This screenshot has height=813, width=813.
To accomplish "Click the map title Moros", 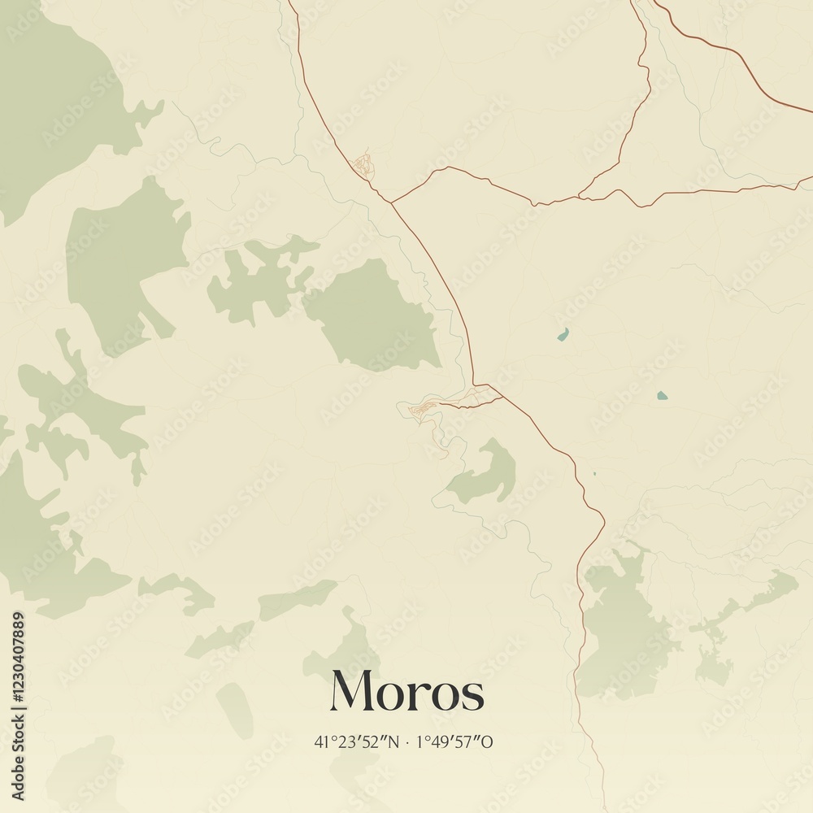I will coord(406,692).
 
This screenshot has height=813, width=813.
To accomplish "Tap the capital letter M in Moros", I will coord(351,691).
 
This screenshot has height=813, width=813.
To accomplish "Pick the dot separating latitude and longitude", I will coord(407,742).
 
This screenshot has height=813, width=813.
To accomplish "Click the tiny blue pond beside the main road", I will coord(594,474).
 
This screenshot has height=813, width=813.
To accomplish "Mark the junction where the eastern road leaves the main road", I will coord(391,201).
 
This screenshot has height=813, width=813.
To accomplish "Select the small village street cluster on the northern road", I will coord(363,164).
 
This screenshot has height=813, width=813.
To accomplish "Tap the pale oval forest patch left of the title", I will coord(235,710).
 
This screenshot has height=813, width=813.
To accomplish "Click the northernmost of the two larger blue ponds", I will coord(562,334).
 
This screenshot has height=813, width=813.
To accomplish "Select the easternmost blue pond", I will coord(662,396).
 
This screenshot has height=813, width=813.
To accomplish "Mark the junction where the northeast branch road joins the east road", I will coord(580,196).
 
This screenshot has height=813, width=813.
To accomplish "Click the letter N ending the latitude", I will coord(396,741).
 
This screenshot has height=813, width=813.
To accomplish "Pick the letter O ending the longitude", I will coord(489,741).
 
